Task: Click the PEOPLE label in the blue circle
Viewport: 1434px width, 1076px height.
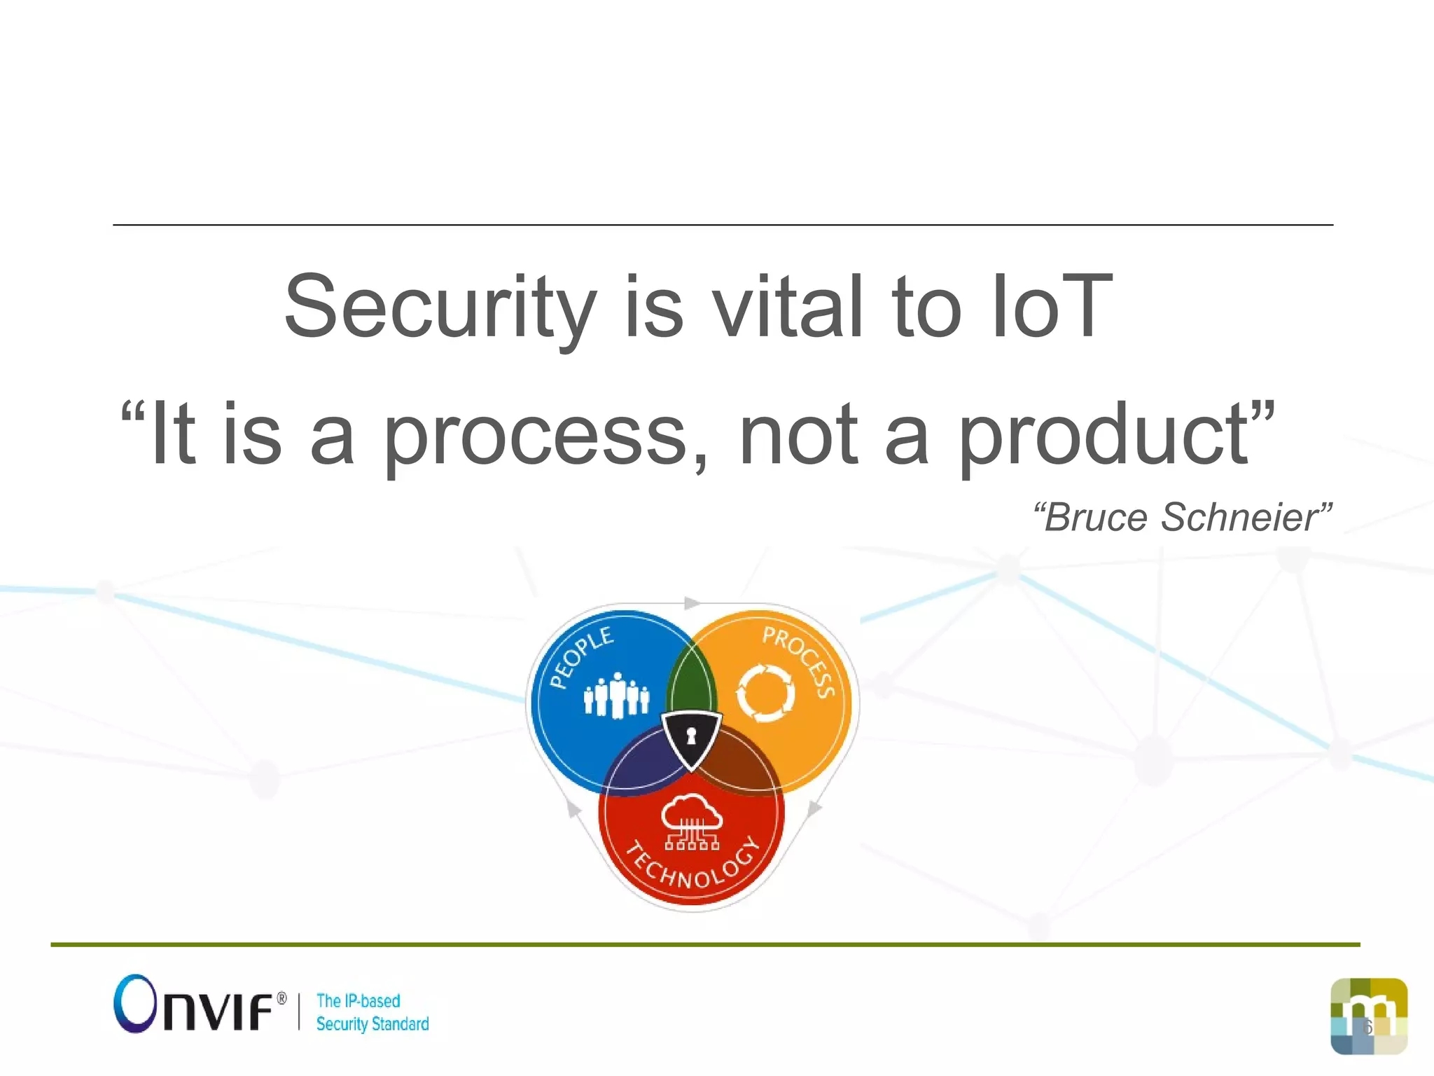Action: coord(580,657)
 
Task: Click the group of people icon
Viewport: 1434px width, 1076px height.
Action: coord(616,695)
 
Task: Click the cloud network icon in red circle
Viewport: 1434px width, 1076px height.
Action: coord(692,821)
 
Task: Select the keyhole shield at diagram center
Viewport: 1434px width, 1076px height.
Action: coord(692,739)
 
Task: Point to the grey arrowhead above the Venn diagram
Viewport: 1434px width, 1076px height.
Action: coord(692,603)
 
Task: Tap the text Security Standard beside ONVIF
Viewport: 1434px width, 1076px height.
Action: coord(372,1024)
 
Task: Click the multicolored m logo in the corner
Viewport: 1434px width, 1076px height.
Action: coord(1368,1016)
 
